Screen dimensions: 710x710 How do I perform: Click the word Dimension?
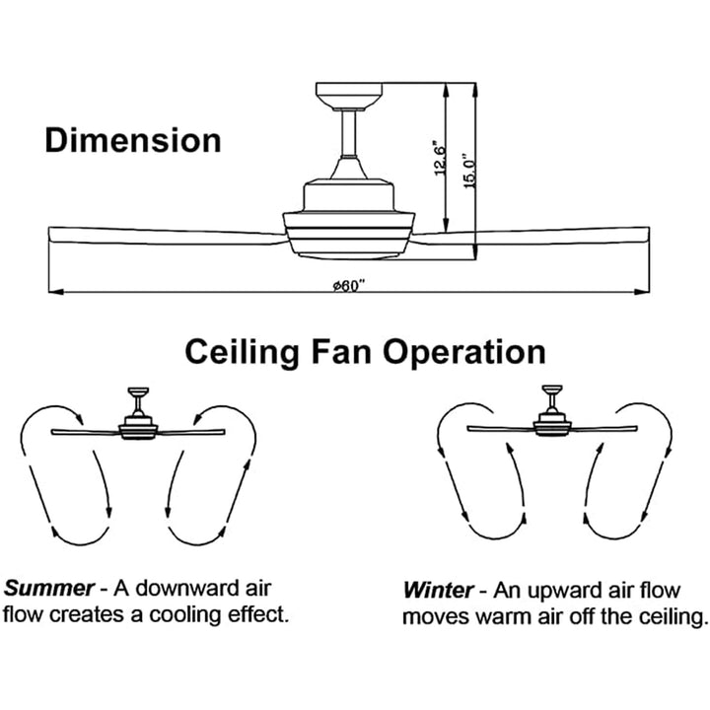pyautogui.click(x=133, y=140)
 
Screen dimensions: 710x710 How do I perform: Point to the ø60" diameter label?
pyautogui.click(x=349, y=284)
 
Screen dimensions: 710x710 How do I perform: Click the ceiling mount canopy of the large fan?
pyautogui.click(x=350, y=96)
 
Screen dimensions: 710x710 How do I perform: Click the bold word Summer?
pyautogui.click(x=50, y=589)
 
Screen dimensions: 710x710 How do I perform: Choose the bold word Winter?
pyautogui.click(x=438, y=592)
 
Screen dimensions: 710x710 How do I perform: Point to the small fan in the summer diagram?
pyautogui.click(x=137, y=424)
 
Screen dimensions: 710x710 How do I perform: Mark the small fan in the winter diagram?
pyautogui.click(x=552, y=421)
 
